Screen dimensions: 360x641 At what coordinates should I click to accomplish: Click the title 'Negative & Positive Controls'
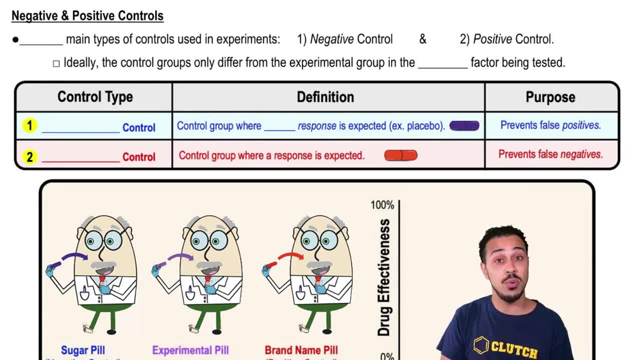(87, 16)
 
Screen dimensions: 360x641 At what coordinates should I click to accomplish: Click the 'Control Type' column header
(95, 97)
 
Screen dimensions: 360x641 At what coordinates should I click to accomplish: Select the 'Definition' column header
(325, 97)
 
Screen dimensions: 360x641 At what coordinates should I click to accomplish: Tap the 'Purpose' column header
(550, 97)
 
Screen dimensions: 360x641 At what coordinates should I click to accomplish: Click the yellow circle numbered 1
(29, 126)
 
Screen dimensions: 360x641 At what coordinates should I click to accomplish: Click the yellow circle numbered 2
(29, 156)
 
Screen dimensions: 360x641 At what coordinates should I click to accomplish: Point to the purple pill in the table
(464, 126)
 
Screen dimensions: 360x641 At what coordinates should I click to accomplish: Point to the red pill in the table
(401, 156)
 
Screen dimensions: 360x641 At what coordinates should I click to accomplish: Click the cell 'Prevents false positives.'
(551, 126)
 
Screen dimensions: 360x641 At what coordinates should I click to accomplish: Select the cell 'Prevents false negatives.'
(551, 154)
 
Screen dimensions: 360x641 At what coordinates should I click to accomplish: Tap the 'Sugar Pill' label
(83, 350)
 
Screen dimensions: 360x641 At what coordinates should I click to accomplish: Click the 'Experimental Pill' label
(190, 350)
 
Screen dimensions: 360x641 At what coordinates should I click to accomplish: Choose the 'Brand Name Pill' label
(301, 350)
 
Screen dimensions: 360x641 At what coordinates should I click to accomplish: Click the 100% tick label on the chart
(382, 205)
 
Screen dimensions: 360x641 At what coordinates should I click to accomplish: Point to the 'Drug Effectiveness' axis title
(384, 277)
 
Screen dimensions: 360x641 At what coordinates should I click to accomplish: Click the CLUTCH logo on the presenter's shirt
(506, 348)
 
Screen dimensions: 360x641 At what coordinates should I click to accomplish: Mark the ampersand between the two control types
(422, 40)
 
